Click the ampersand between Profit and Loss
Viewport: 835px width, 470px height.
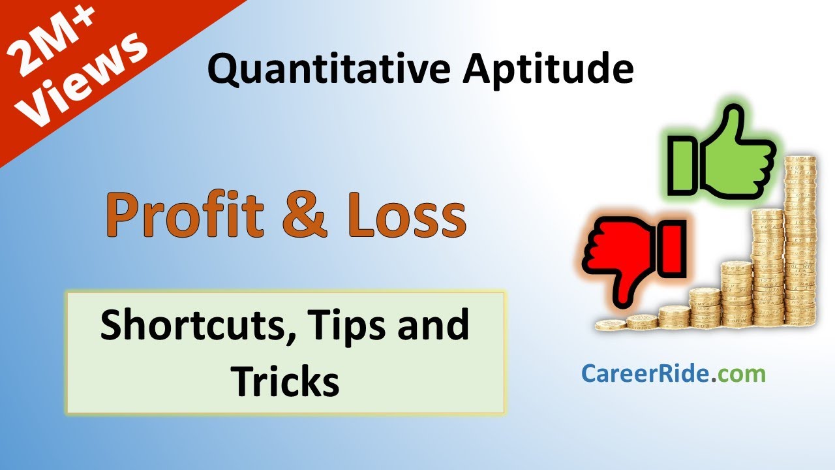click(x=305, y=215)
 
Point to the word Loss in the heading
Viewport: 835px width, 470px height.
click(x=406, y=215)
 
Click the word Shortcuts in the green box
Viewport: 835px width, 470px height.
click(x=198, y=325)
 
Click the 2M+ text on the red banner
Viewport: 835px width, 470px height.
click(x=52, y=43)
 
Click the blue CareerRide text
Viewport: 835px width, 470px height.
click(x=645, y=374)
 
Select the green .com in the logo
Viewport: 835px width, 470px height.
click(x=738, y=375)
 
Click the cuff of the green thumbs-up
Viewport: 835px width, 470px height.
click(x=682, y=166)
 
